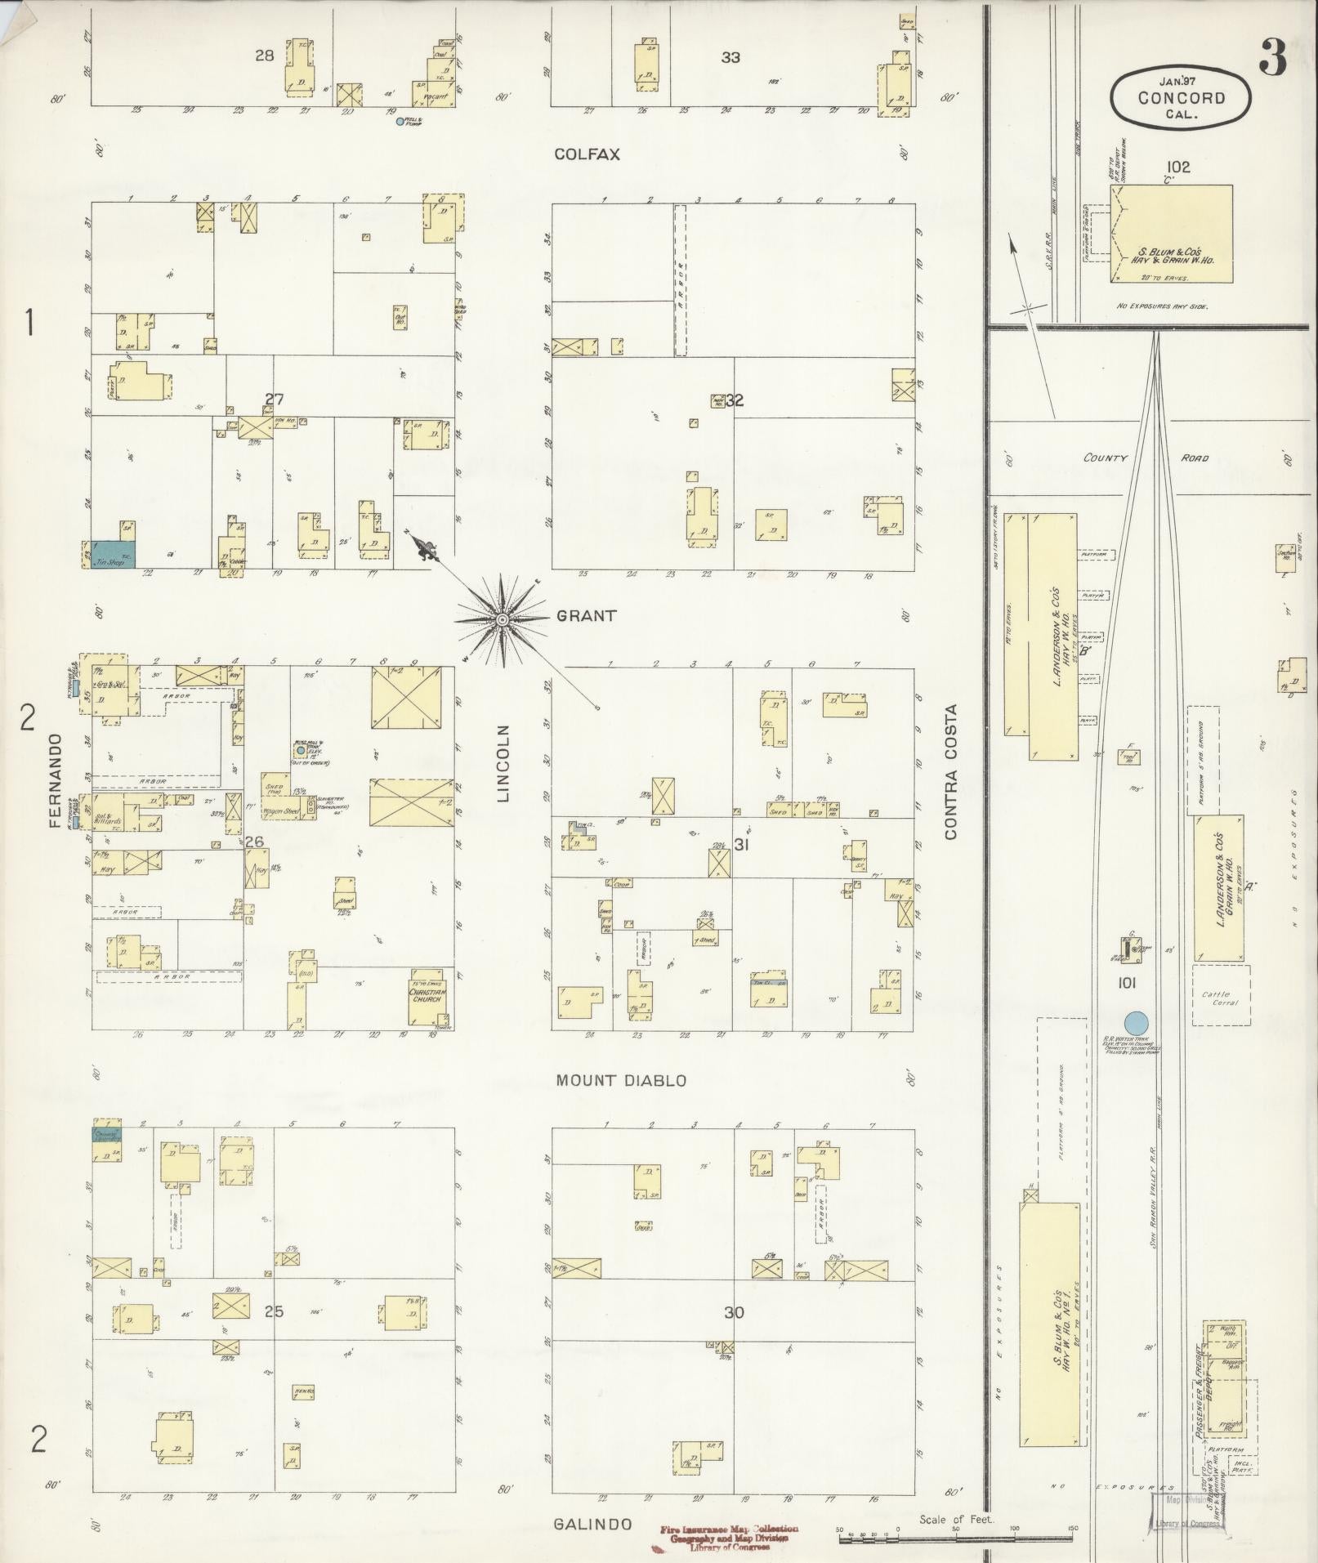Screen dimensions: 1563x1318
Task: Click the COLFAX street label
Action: [587, 154]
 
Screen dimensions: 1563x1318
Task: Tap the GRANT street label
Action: [586, 616]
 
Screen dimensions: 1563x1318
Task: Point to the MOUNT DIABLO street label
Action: [621, 1080]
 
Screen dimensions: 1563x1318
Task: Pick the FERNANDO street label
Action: [56, 780]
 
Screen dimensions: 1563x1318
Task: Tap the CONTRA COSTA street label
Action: [949, 772]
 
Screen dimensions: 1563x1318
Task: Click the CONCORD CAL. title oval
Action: [1180, 98]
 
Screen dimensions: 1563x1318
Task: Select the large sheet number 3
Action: [1272, 56]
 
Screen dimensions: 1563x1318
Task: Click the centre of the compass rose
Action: [502, 621]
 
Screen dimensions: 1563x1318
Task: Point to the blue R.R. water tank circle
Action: [1136, 1022]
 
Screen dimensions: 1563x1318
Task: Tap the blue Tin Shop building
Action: [114, 553]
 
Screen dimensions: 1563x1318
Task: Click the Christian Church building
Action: [426, 995]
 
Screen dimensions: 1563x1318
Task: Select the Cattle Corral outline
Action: [1221, 995]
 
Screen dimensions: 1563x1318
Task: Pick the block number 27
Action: [274, 400]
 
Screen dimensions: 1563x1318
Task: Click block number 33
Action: [730, 57]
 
